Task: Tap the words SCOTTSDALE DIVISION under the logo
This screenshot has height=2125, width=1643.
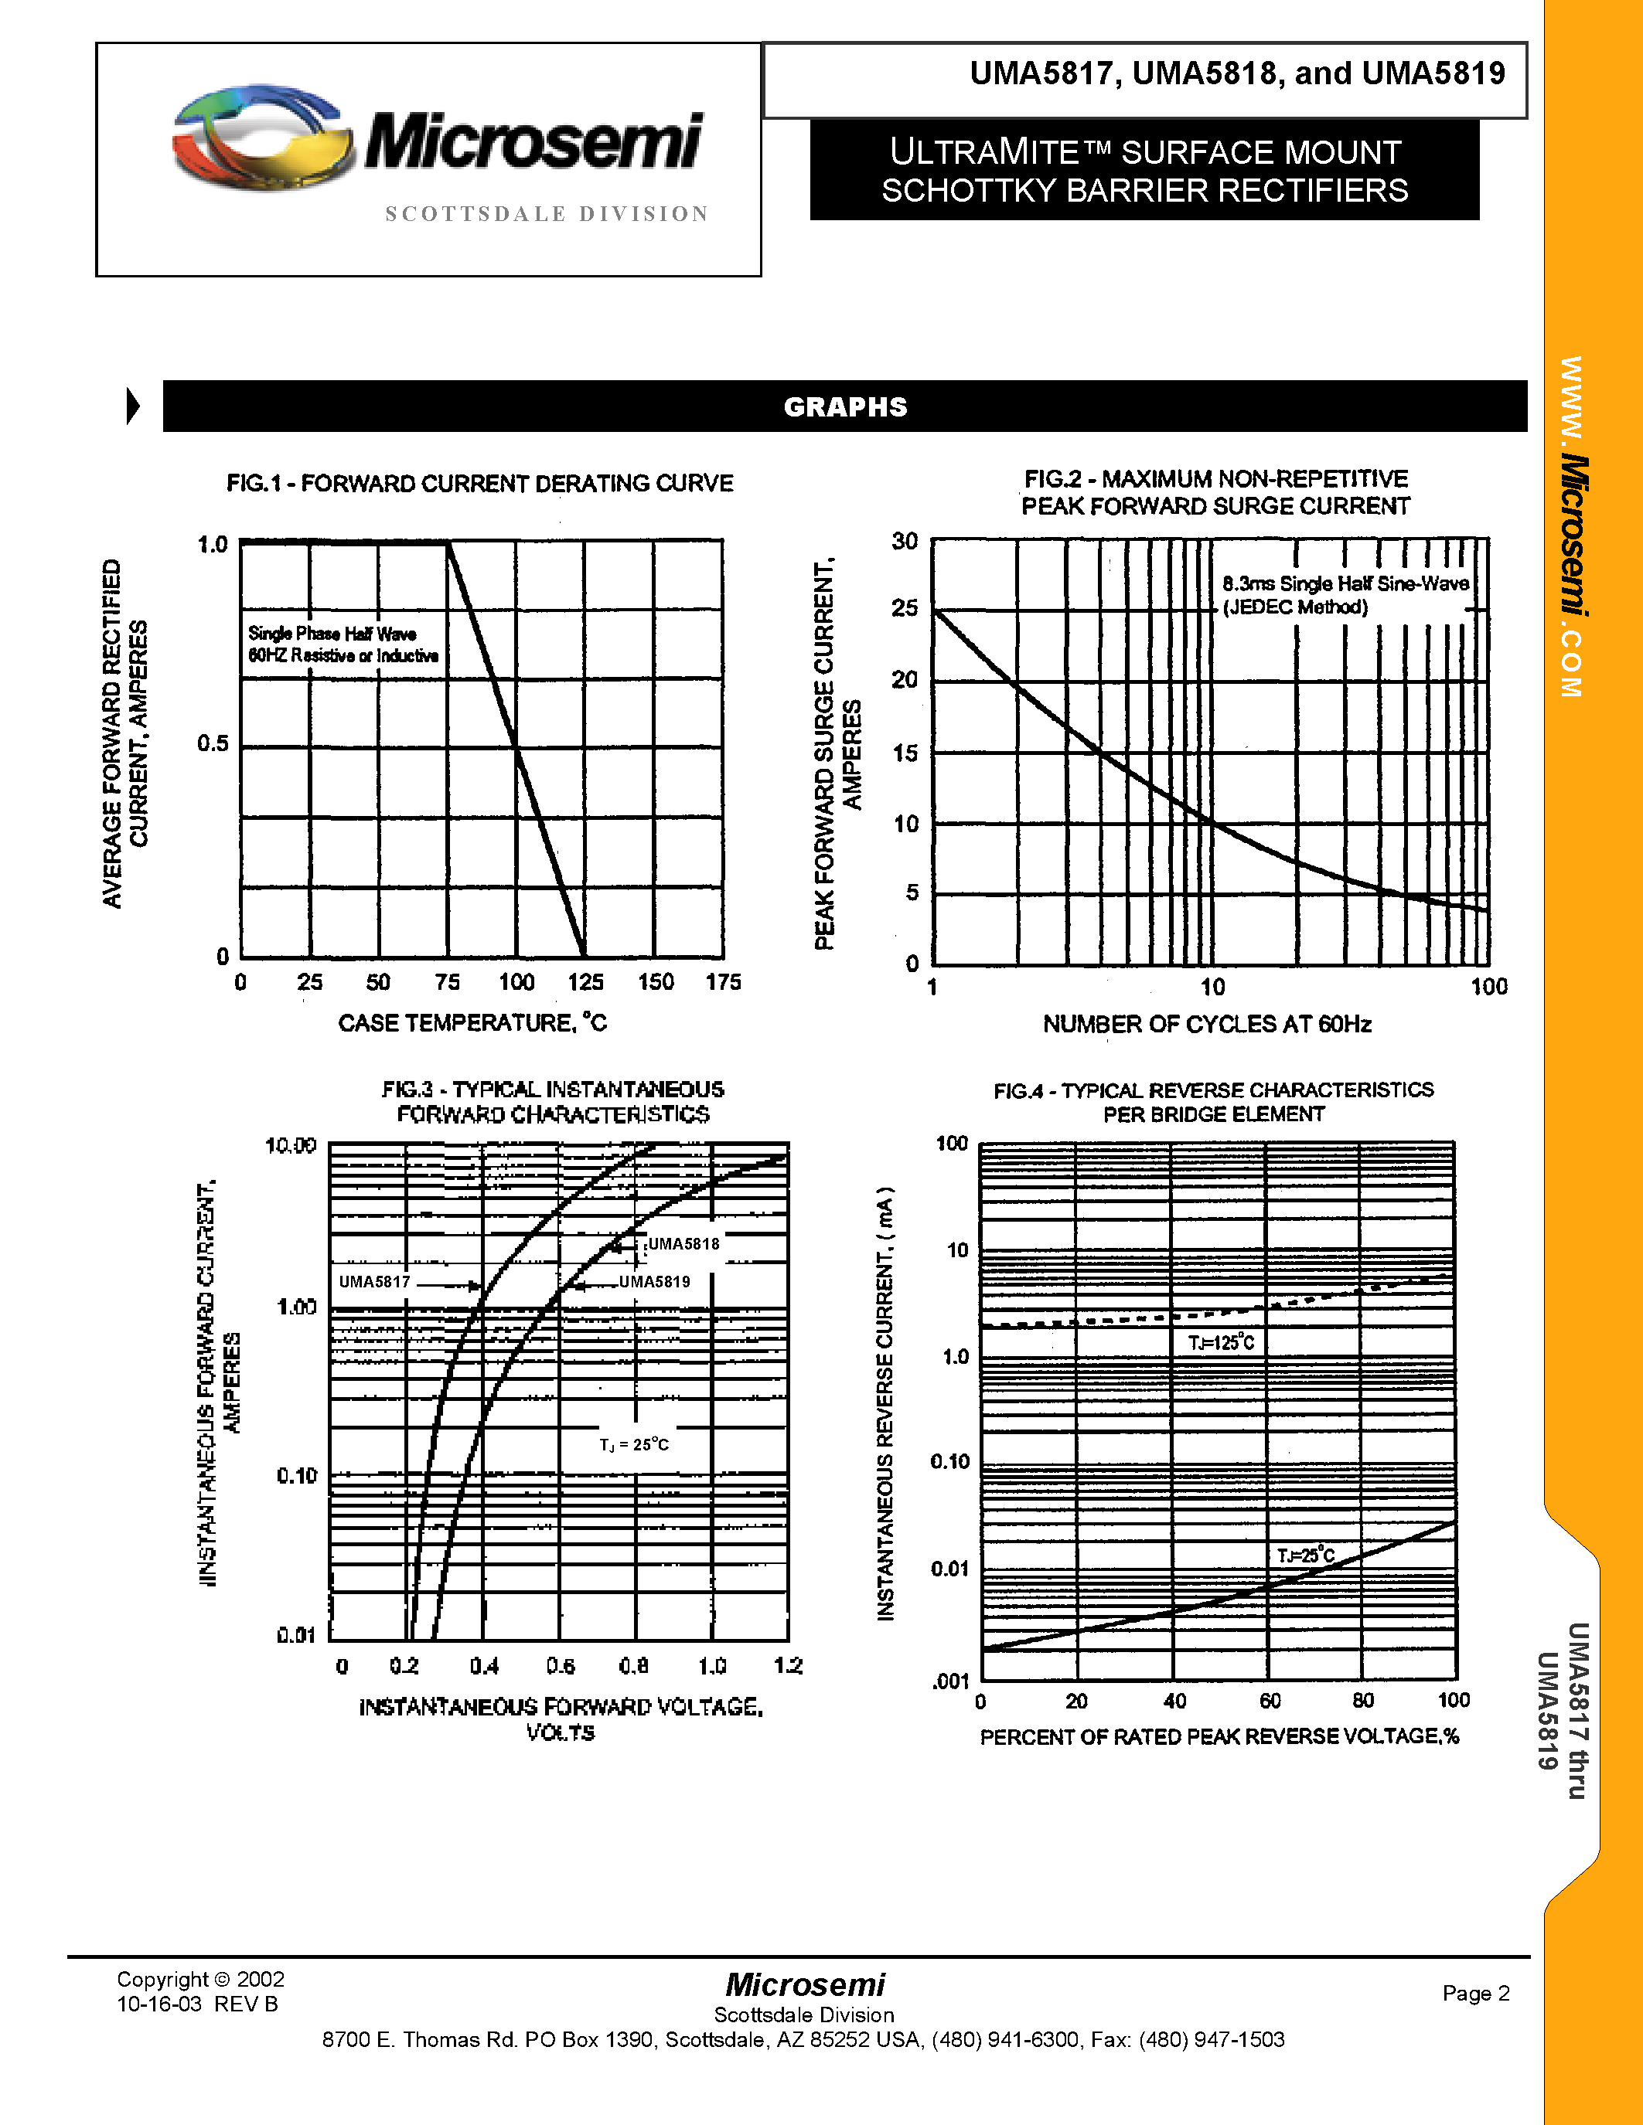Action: click(x=547, y=214)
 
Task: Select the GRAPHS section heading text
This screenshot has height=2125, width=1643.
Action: click(x=845, y=406)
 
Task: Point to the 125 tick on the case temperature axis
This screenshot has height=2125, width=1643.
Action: click(x=586, y=983)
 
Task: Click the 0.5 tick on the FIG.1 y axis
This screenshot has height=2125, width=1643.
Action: click(x=213, y=744)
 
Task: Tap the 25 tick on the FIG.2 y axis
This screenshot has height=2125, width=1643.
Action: click(x=905, y=608)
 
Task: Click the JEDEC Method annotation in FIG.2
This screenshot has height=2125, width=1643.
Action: click(x=1296, y=607)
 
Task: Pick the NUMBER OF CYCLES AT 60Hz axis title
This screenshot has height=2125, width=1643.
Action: click(x=1207, y=1025)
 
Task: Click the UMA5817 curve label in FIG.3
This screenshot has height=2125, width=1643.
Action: click(x=375, y=1283)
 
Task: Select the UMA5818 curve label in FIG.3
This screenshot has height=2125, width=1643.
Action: click(x=683, y=1244)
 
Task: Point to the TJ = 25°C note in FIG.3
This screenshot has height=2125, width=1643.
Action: click(x=634, y=1445)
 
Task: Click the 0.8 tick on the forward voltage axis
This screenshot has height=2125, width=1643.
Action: click(x=634, y=1667)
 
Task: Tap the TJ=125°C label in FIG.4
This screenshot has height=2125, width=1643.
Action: click(x=1221, y=1344)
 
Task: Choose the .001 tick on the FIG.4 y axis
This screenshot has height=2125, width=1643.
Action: click(x=950, y=1681)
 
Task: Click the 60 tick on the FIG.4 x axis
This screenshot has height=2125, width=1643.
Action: click(x=1270, y=1701)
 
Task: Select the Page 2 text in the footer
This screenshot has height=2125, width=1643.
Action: click(x=1475, y=1994)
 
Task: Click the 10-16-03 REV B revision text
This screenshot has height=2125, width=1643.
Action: click(x=198, y=2004)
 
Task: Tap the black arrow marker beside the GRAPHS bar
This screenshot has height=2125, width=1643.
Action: click(x=133, y=406)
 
